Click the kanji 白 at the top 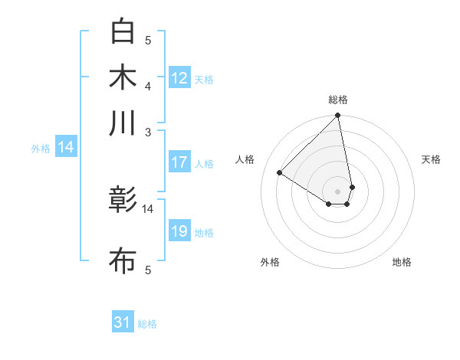click(x=123, y=31)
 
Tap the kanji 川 click(x=123, y=123)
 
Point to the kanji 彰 click(x=123, y=201)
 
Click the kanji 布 click(x=123, y=261)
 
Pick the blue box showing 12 click(x=179, y=78)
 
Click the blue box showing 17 click(x=179, y=162)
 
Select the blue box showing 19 click(x=179, y=231)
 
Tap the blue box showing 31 click(x=123, y=322)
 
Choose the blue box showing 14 click(x=66, y=148)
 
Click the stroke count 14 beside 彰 click(x=148, y=208)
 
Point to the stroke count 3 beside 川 click(x=148, y=132)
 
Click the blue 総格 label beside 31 click(x=147, y=324)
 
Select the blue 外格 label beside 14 click(x=41, y=149)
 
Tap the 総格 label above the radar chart click(x=338, y=100)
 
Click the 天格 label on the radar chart click(x=432, y=159)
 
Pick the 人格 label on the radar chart click(x=245, y=159)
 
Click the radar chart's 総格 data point click(x=337, y=116)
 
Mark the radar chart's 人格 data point click(x=280, y=172)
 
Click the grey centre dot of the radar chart click(x=337, y=191)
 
